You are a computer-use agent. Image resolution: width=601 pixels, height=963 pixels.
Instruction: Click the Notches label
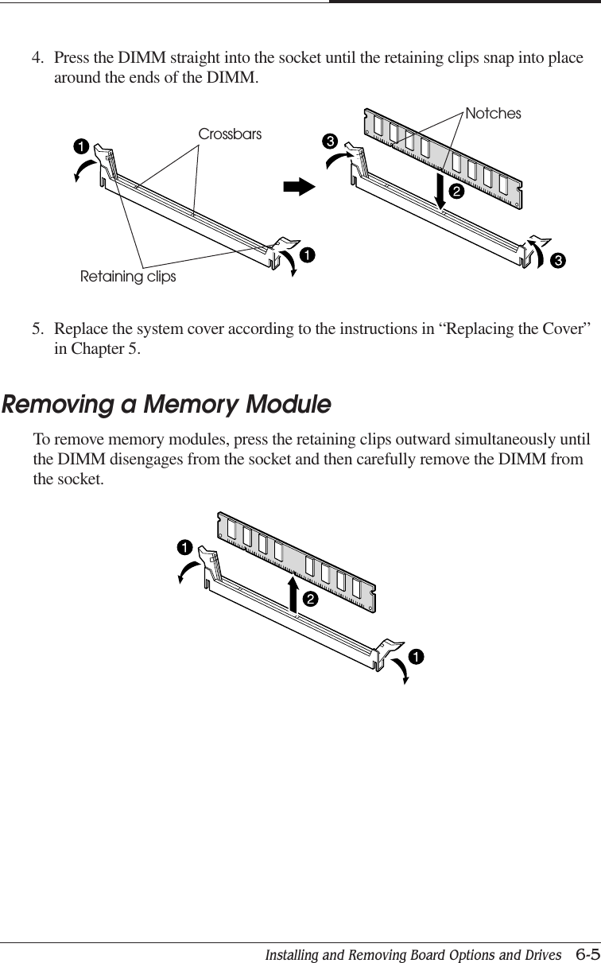point(493,114)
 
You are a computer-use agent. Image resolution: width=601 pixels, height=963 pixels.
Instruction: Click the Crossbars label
point(229,134)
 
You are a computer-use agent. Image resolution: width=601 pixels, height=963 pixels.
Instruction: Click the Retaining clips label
point(128,277)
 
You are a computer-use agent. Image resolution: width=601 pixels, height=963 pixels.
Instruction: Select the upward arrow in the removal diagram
point(294,592)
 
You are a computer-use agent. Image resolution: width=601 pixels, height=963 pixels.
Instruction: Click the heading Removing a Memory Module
point(166,405)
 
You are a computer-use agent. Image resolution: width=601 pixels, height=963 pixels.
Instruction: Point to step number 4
point(37,59)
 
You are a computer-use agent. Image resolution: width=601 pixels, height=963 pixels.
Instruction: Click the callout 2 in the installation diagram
point(456,192)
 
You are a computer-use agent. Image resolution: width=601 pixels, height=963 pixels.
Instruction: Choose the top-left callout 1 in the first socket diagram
point(80,146)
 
